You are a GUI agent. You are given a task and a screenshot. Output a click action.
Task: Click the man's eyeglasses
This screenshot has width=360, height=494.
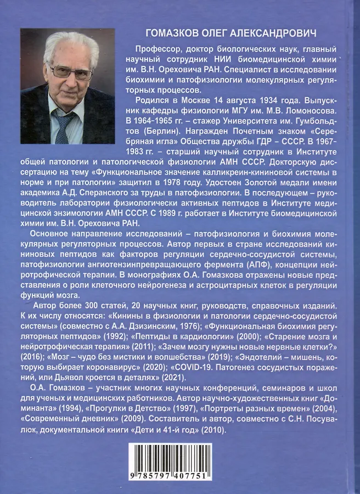click(71, 71)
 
